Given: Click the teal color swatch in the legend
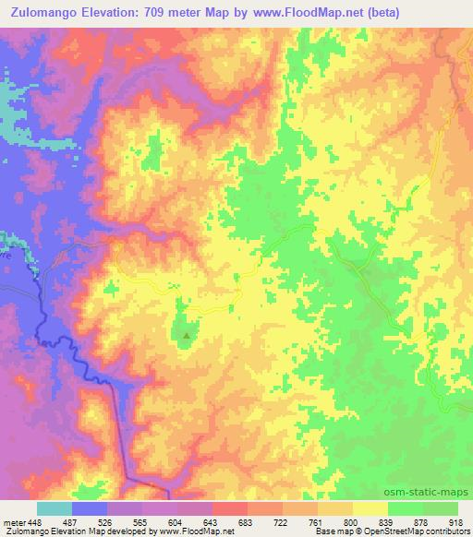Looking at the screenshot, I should point(54,508).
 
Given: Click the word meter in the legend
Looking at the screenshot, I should point(13,521).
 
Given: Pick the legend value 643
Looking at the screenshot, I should point(211,521).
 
